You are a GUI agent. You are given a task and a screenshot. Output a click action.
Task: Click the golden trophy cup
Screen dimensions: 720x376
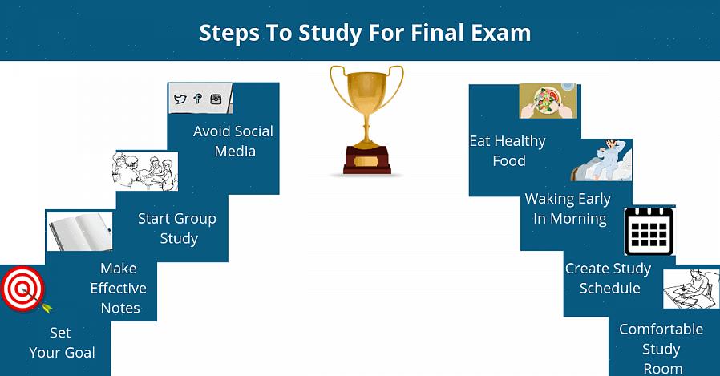(x=366, y=119)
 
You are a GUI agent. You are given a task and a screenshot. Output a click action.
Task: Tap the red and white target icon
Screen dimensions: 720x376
(x=22, y=289)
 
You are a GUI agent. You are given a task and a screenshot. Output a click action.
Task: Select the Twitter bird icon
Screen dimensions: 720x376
(x=180, y=99)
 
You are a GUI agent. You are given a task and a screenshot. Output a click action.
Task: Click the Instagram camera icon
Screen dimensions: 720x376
(x=216, y=99)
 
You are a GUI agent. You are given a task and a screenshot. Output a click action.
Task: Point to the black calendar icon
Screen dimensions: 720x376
(x=649, y=231)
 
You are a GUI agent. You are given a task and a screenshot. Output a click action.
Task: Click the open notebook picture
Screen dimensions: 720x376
(x=79, y=231)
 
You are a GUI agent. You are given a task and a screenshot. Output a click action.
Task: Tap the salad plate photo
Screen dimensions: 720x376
(x=548, y=101)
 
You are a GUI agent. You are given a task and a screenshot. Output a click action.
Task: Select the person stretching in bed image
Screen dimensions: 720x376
(x=601, y=160)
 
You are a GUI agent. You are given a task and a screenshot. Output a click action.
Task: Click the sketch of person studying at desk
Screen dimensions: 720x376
(x=691, y=289)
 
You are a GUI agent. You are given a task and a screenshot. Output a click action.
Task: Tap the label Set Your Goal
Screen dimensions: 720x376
(x=62, y=342)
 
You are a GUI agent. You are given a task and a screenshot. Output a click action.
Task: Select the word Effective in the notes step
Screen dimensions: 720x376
(x=119, y=289)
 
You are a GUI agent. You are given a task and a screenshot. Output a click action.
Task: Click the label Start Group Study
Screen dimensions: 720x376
(x=177, y=228)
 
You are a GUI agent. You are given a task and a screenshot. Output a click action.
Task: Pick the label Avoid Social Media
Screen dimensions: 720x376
(x=233, y=141)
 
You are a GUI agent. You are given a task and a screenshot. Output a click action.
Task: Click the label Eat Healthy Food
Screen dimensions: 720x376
(x=508, y=151)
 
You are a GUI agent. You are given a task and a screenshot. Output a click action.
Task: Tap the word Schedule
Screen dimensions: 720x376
(x=610, y=289)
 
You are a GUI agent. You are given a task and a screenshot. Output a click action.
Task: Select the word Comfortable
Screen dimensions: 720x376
(x=661, y=330)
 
